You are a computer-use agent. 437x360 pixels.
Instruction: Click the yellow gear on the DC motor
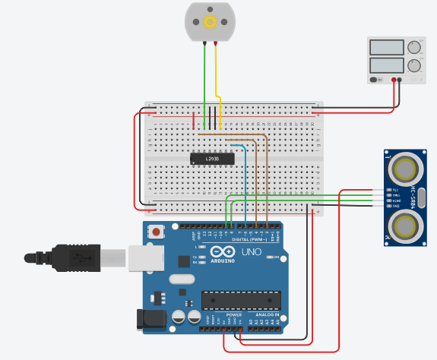point(211,21)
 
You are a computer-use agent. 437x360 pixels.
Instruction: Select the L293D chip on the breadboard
point(218,158)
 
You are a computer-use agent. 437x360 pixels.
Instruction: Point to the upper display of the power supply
point(386,47)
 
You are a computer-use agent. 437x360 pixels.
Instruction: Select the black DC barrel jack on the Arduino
point(149,321)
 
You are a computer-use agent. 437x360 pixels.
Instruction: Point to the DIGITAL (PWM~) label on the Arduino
point(250,238)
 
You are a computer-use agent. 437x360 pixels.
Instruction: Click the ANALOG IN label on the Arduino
point(266,313)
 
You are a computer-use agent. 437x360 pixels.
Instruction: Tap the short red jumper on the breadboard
point(194,120)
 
